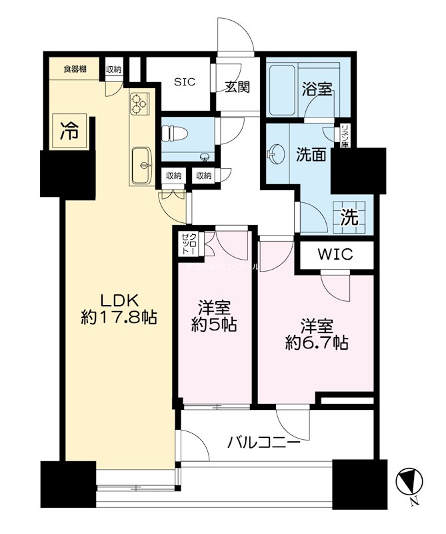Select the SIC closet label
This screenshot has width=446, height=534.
[185, 83]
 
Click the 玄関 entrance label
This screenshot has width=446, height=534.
[237, 87]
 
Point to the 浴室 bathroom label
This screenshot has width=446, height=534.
[315, 89]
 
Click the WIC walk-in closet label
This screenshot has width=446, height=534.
[335, 255]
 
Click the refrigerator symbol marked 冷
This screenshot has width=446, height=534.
[69, 130]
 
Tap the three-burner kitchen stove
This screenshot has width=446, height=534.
[140, 103]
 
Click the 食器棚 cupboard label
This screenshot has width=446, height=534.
[75, 69]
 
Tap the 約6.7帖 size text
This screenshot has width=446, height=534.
[316, 342]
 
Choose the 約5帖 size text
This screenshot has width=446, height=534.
[214, 326]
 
